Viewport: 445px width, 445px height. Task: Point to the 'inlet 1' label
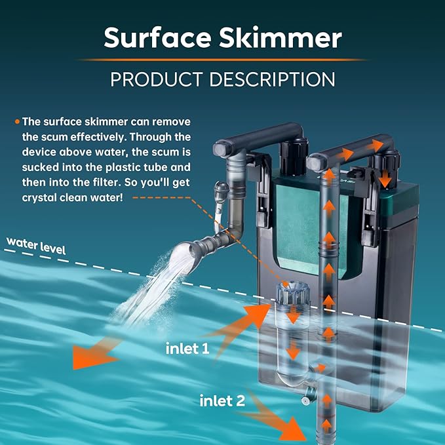(187, 349)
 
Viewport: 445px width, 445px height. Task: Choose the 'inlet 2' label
(223, 400)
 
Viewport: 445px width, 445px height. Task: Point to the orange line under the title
(223, 60)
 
